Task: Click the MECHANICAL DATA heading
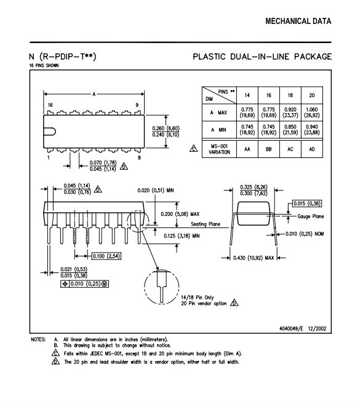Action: pos(298,22)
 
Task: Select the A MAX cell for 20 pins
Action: pos(311,113)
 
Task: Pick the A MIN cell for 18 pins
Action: pos(290,130)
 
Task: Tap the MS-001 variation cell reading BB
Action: pos(268,149)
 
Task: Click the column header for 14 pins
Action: pos(247,95)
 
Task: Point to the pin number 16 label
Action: pos(50,105)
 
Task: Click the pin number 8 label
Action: pos(139,157)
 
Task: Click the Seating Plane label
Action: pos(206,224)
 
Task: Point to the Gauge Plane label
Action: pos(311,216)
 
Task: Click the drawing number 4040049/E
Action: pos(291,328)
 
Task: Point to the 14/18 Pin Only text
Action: pos(198,298)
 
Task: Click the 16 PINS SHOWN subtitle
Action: pos(44,65)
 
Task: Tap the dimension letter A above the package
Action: pos(94,94)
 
